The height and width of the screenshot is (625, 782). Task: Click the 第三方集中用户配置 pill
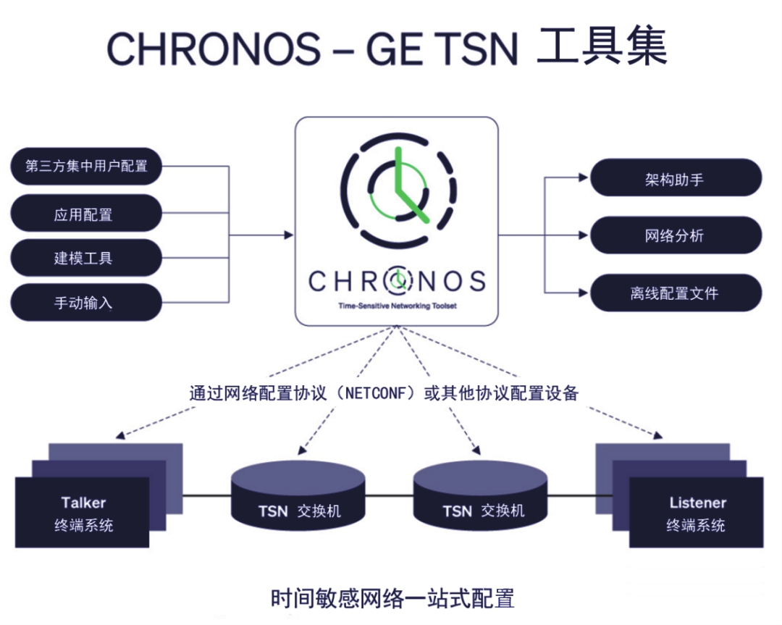pos(86,166)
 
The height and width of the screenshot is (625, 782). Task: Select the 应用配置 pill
pos(86,214)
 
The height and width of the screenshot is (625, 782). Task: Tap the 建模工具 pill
pos(86,257)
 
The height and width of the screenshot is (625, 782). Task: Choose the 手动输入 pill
pos(86,302)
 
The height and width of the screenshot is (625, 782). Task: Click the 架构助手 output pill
pos(676,177)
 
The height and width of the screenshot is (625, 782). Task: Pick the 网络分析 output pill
pos(676,235)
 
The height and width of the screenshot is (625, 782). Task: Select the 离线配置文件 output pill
pos(676,293)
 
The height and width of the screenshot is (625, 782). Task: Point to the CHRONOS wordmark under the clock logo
pos(397,281)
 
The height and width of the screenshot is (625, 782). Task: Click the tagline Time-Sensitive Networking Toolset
pos(398,306)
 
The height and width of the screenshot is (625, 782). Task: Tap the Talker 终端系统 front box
pos(83,512)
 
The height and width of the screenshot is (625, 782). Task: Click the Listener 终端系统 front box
pos(697,512)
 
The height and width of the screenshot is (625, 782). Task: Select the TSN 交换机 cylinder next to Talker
pos(298,495)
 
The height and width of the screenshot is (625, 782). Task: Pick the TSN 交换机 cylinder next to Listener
pos(481,495)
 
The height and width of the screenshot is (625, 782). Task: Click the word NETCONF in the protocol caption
pos(376,393)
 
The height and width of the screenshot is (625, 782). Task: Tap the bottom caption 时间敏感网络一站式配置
pos(392,598)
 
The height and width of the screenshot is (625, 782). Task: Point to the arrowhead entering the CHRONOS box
pos(289,235)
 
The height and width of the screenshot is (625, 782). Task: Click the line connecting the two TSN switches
pos(390,496)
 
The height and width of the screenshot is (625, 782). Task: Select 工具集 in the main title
pos(602,46)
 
